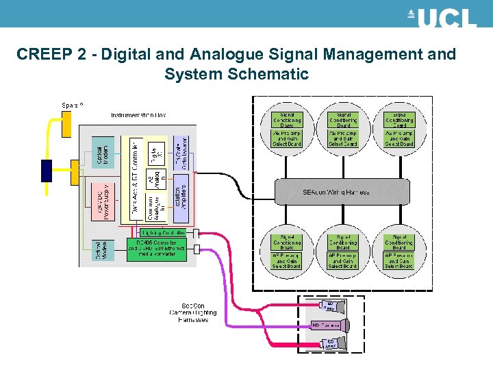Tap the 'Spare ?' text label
coord(73,105)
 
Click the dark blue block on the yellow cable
coord(47,170)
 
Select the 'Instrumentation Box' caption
coord(138,115)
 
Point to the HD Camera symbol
coord(329,325)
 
